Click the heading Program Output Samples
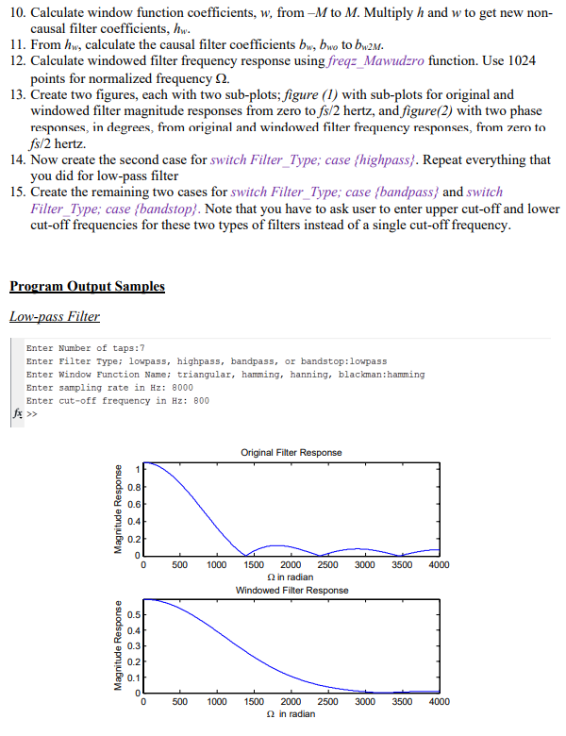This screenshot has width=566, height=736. click(87, 287)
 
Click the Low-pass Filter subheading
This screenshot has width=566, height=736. click(55, 317)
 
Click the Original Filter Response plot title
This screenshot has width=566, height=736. click(291, 453)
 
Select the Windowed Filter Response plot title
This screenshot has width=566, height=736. click(291, 590)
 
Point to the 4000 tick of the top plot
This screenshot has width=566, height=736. click(439, 565)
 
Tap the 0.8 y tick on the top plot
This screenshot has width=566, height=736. click(135, 487)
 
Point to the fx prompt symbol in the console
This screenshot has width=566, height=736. click(15, 413)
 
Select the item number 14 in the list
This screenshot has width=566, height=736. click(16, 159)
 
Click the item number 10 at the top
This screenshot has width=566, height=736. click(16, 10)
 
